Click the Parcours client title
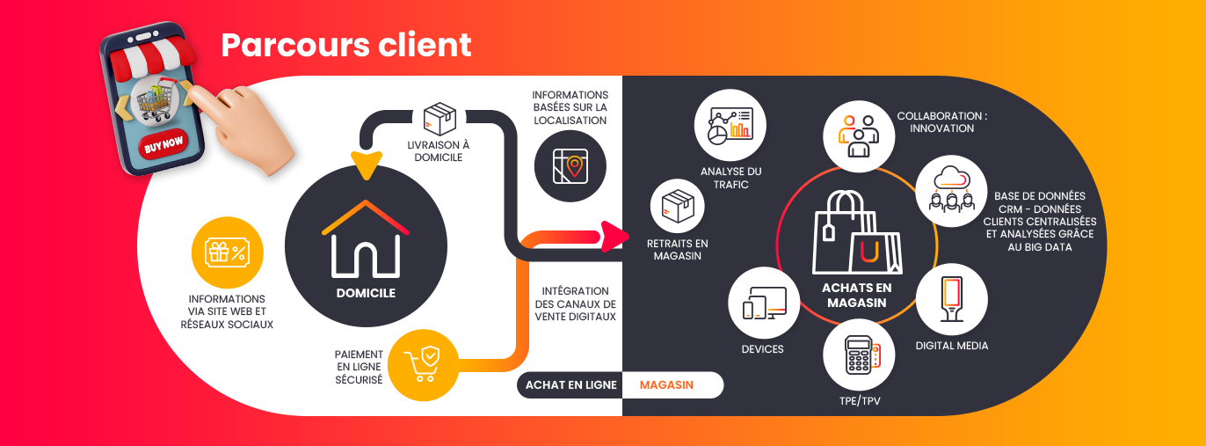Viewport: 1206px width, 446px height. coord(345,45)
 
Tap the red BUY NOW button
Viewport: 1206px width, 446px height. coord(163,143)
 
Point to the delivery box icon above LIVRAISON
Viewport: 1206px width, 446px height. coord(440,120)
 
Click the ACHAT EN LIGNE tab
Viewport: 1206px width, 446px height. coord(570,385)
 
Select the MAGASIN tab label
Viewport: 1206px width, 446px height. coord(666,385)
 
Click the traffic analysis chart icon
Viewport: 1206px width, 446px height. coord(730,126)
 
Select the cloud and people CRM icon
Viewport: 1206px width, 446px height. coord(952,189)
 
